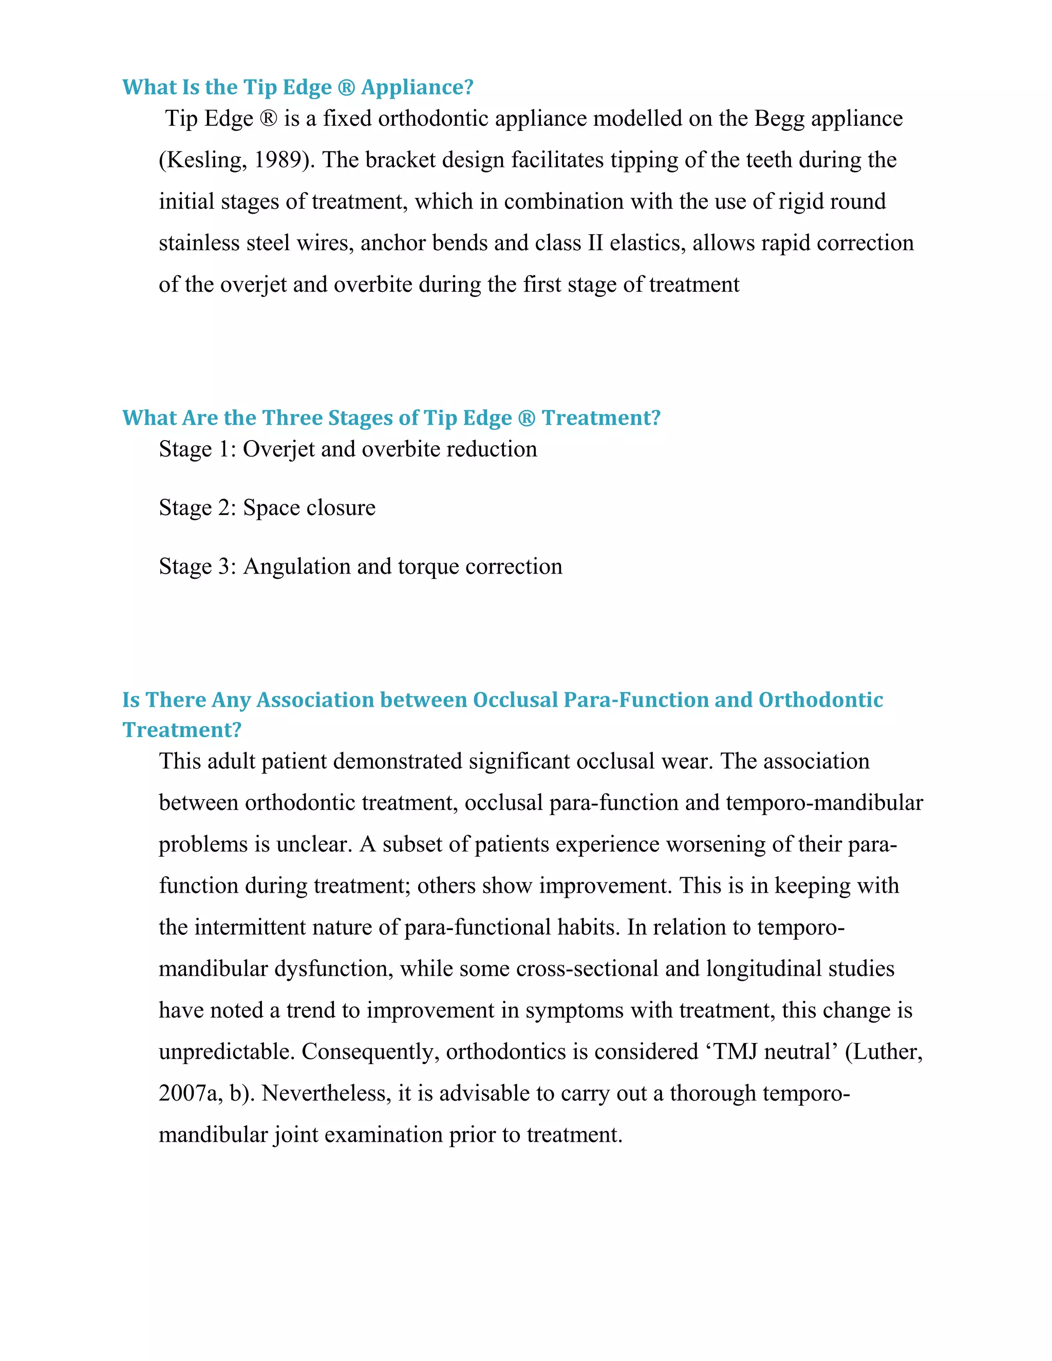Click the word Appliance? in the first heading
pos(417,87)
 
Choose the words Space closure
pos(309,507)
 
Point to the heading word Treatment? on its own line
pos(181,730)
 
